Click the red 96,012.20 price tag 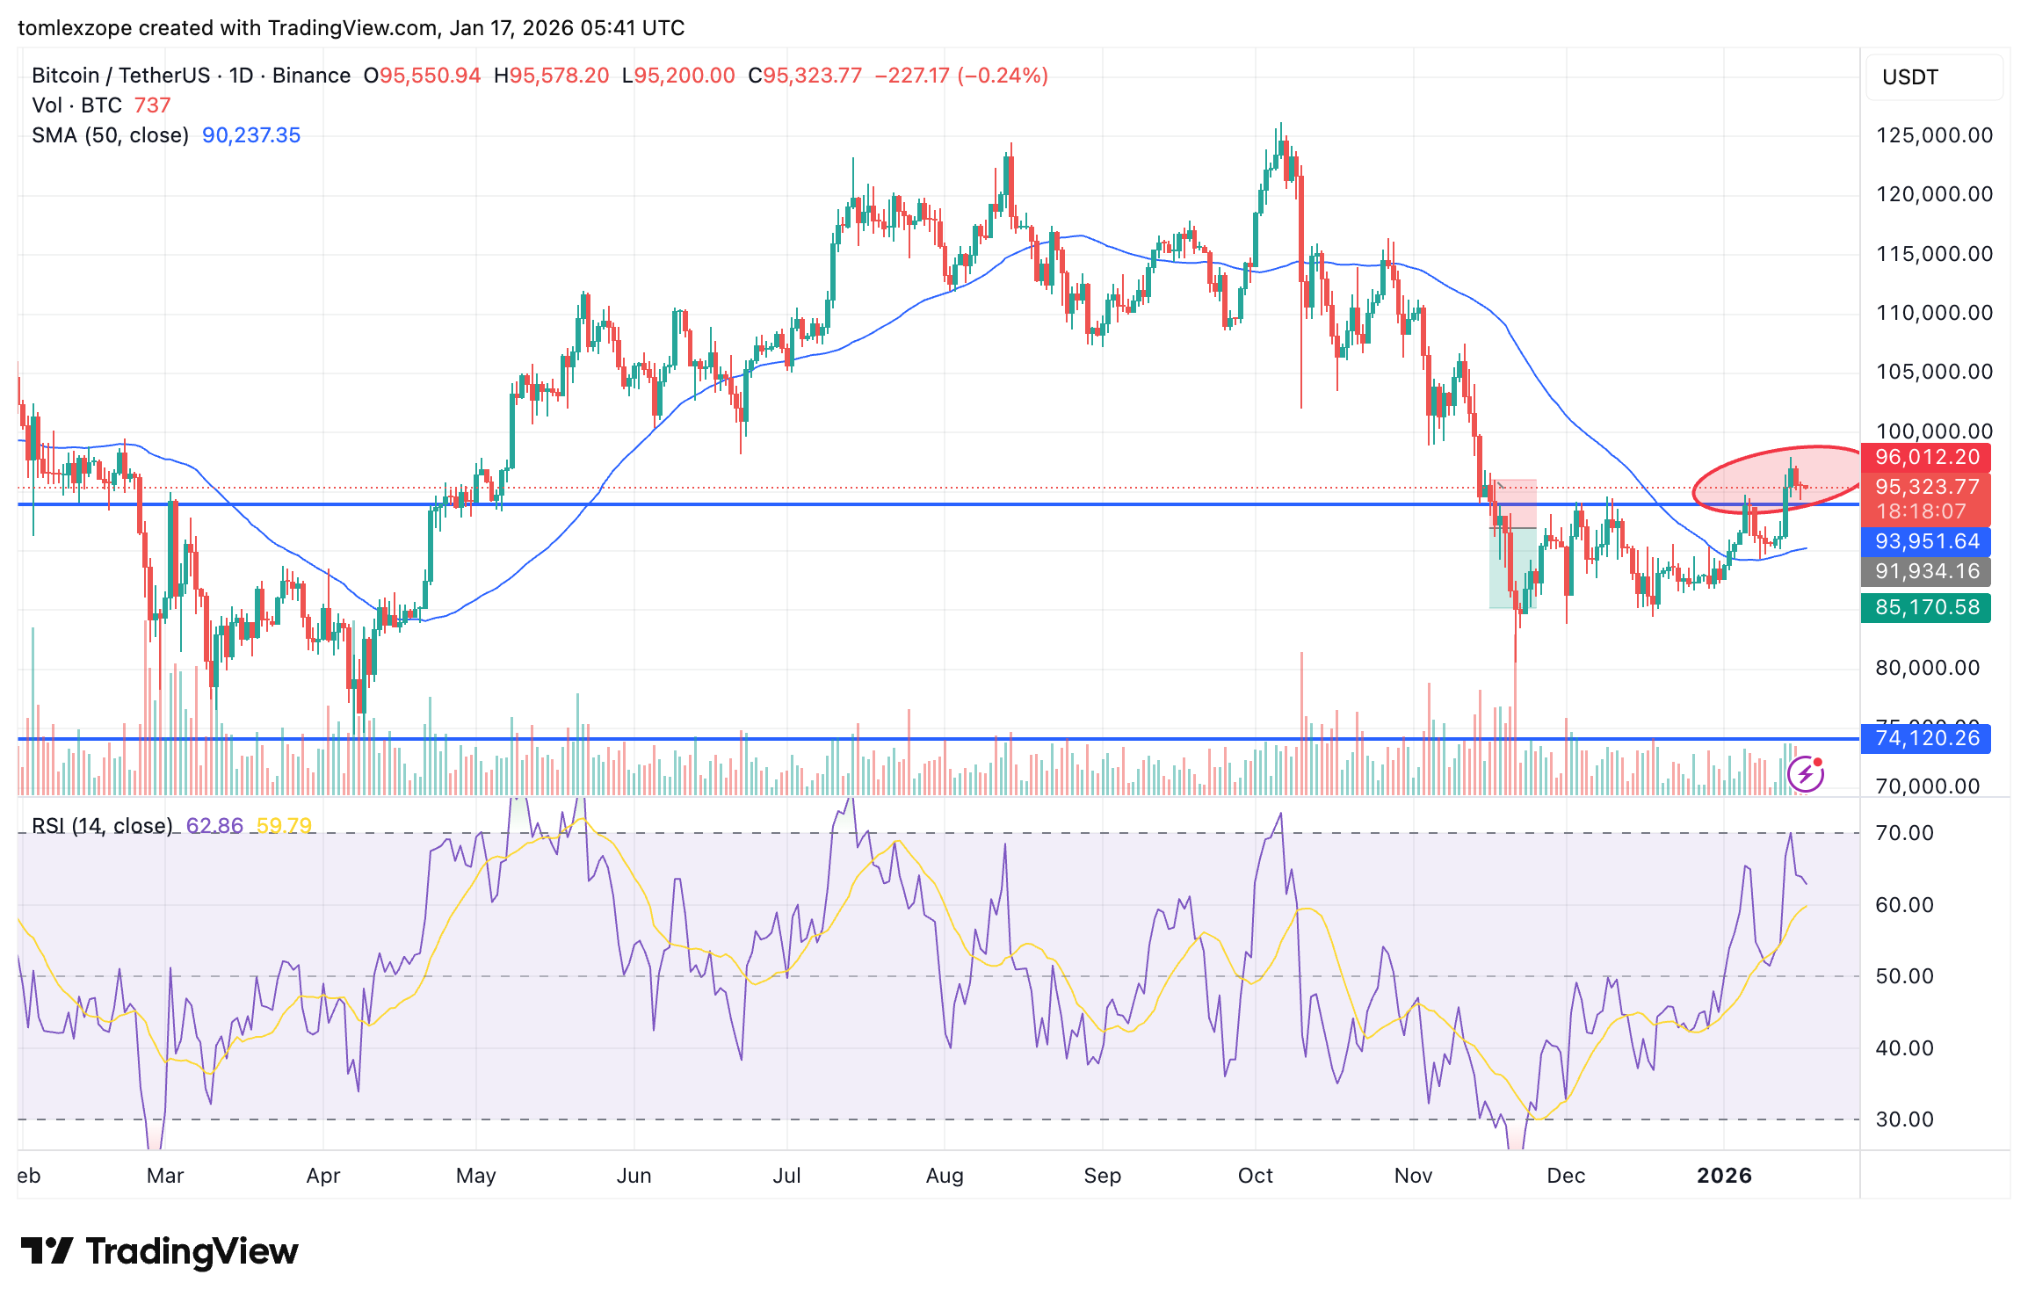tap(1926, 457)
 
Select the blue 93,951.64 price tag tap(1926, 541)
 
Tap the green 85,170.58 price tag tap(1926, 607)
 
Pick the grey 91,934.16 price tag tap(1926, 571)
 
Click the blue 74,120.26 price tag tap(1926, 738)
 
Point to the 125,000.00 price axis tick tap(1934, 135)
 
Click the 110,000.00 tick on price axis tap(1934, 313)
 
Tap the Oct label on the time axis tap(1255, 1176)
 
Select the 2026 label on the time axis tap(1724, 1176)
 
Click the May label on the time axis tap(475, 1176)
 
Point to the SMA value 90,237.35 tap(251, 135)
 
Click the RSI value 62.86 tap(214, 826)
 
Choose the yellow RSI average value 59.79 tap(284, 826)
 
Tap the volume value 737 tap(152, 105)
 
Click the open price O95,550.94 tap(423, 76)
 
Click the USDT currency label tap(1910, 77)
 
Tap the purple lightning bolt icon tap(1806, 774)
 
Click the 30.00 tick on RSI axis tap(1904, 1119)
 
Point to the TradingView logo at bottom tap(159, 1251)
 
